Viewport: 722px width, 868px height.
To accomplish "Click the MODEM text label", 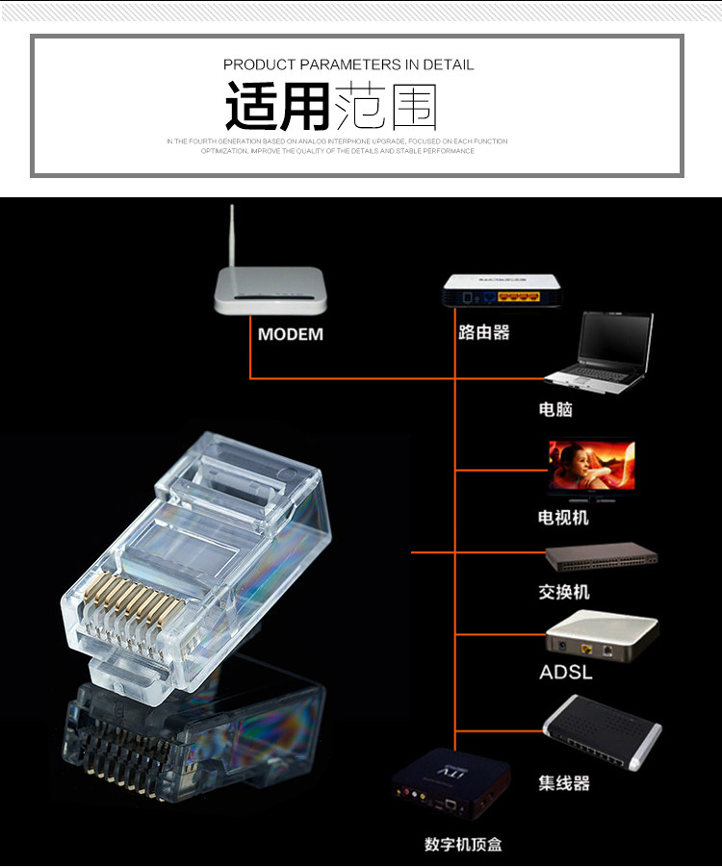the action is pos(291,335).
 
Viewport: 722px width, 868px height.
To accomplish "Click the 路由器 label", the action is pos(483,333).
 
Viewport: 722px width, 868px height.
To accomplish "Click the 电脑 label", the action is pos(555,409).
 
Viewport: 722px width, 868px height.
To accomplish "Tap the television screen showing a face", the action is pos(591,467).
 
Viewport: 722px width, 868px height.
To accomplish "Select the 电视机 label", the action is pos(563,518).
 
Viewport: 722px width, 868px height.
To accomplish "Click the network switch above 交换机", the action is pos(601,557).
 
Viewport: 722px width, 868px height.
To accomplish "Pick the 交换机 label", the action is pos(563,592).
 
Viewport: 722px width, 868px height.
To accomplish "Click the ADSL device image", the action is pos(602,635).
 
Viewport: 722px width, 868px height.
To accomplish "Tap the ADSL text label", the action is pos(566,672).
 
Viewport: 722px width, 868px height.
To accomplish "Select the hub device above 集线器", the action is pos(602,731).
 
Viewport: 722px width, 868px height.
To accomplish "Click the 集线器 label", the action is pos(563,783).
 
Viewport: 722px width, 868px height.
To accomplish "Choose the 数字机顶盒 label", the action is pos(463,845).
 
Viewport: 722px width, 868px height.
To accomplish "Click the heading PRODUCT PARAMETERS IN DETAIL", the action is pos(348,64).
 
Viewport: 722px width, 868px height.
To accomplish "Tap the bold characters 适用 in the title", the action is pos(277,107).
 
